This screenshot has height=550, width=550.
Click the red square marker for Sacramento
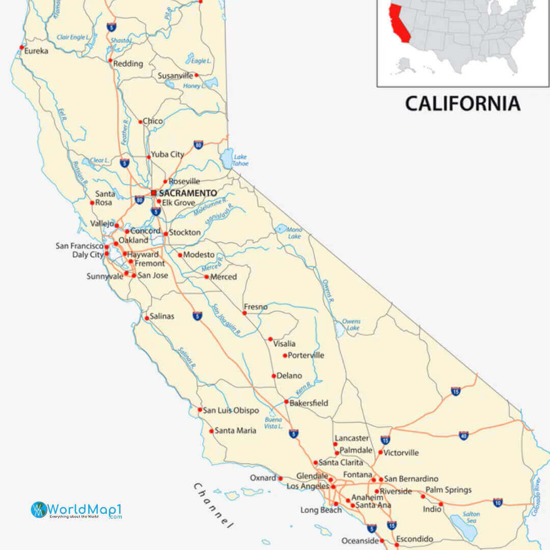click(153, 193)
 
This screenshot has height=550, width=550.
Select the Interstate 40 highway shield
click(463, 435)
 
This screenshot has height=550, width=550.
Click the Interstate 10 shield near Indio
click(498, 503)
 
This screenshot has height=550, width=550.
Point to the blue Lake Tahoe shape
click(227, 159)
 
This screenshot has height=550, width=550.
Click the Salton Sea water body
click(464, 527)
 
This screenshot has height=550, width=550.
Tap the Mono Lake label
click(294, 233)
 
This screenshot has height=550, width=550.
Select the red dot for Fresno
click(244, 313)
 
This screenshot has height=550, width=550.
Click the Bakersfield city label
click(309, 403)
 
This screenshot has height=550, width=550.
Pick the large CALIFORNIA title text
click(462, 103)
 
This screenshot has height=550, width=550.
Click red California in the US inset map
click(398, 23)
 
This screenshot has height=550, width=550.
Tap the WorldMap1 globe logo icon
click(39, 509)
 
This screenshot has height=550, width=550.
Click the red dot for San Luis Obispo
click(200, 409)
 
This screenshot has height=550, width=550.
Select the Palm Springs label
click(449, 490)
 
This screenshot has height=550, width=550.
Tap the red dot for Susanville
click(197, 75)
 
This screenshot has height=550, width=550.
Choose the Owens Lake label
click(351, 325)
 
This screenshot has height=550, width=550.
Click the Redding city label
click(128, 64)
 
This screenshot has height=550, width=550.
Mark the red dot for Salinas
click(147, 318)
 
